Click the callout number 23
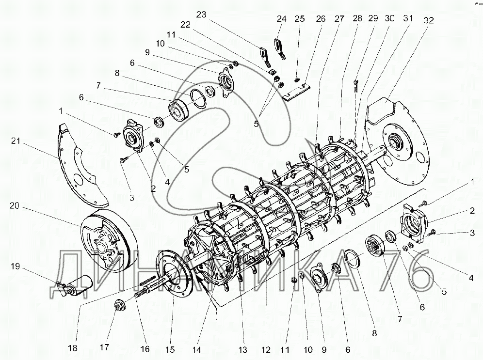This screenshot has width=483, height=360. click(201, 15)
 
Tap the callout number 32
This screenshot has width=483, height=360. click(429, 20)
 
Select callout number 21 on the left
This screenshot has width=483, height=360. click(16, 141)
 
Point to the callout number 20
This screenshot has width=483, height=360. click(15, 205)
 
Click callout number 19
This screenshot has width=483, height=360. click(15, 266)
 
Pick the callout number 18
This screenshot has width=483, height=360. click(73, 348)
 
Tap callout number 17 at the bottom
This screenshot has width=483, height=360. click(104, 347)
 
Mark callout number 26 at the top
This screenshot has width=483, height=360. click(321, 19)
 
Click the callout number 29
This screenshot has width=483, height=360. click(373, 18)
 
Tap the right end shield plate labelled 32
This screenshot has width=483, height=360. click(396, 141)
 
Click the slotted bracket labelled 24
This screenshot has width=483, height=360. click(280, 48)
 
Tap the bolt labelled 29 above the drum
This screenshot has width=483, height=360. click(356, 86)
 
